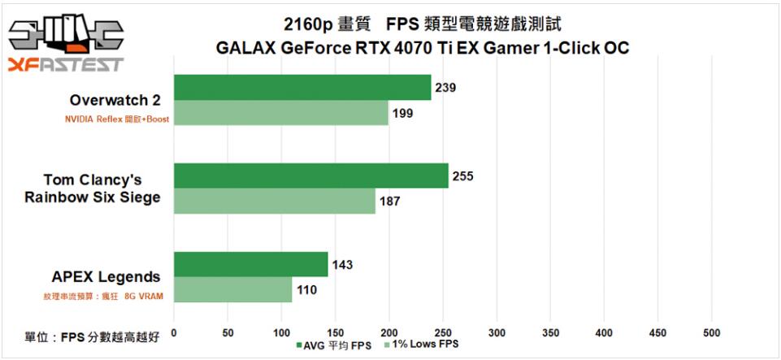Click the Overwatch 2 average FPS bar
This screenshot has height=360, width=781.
[302, 88]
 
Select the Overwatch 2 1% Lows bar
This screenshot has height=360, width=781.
[281, 113]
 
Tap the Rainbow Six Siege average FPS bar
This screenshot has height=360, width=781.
[311, 176]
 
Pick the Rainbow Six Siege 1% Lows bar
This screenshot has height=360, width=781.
[275, 201]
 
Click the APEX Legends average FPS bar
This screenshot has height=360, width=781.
[251, 264]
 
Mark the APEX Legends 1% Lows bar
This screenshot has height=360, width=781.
[233, 289]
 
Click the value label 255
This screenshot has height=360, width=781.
[462, 175]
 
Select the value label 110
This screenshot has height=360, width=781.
[306, 289]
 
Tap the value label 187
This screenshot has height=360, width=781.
[389, 201]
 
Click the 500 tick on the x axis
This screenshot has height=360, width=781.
[712, 332]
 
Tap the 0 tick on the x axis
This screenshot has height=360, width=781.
[174, 332]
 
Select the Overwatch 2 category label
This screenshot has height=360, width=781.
[115, 101]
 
